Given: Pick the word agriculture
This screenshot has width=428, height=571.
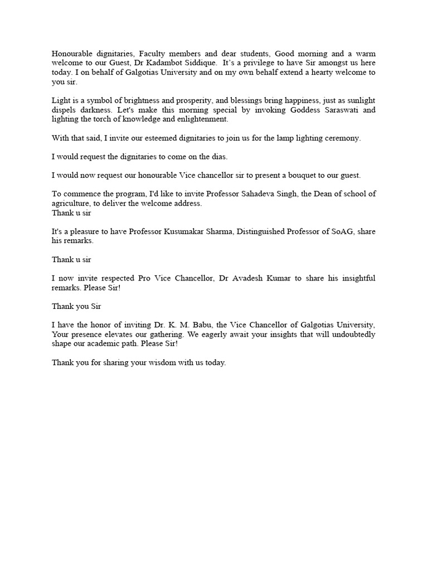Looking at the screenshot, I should (71, 204).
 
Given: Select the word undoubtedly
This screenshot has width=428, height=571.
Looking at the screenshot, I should (352, 335).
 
